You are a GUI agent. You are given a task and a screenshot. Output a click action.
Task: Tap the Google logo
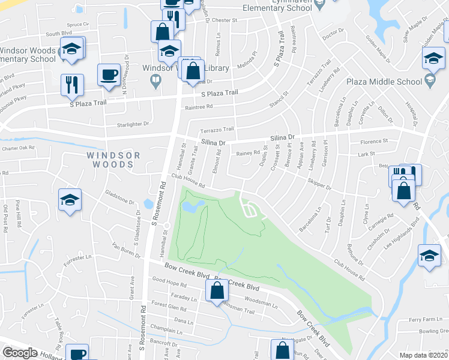20,353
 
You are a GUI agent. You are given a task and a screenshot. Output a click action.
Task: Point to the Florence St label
374,142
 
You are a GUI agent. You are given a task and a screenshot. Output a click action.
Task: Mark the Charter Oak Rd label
18,148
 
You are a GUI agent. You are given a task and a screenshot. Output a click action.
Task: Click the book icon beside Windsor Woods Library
156,80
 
